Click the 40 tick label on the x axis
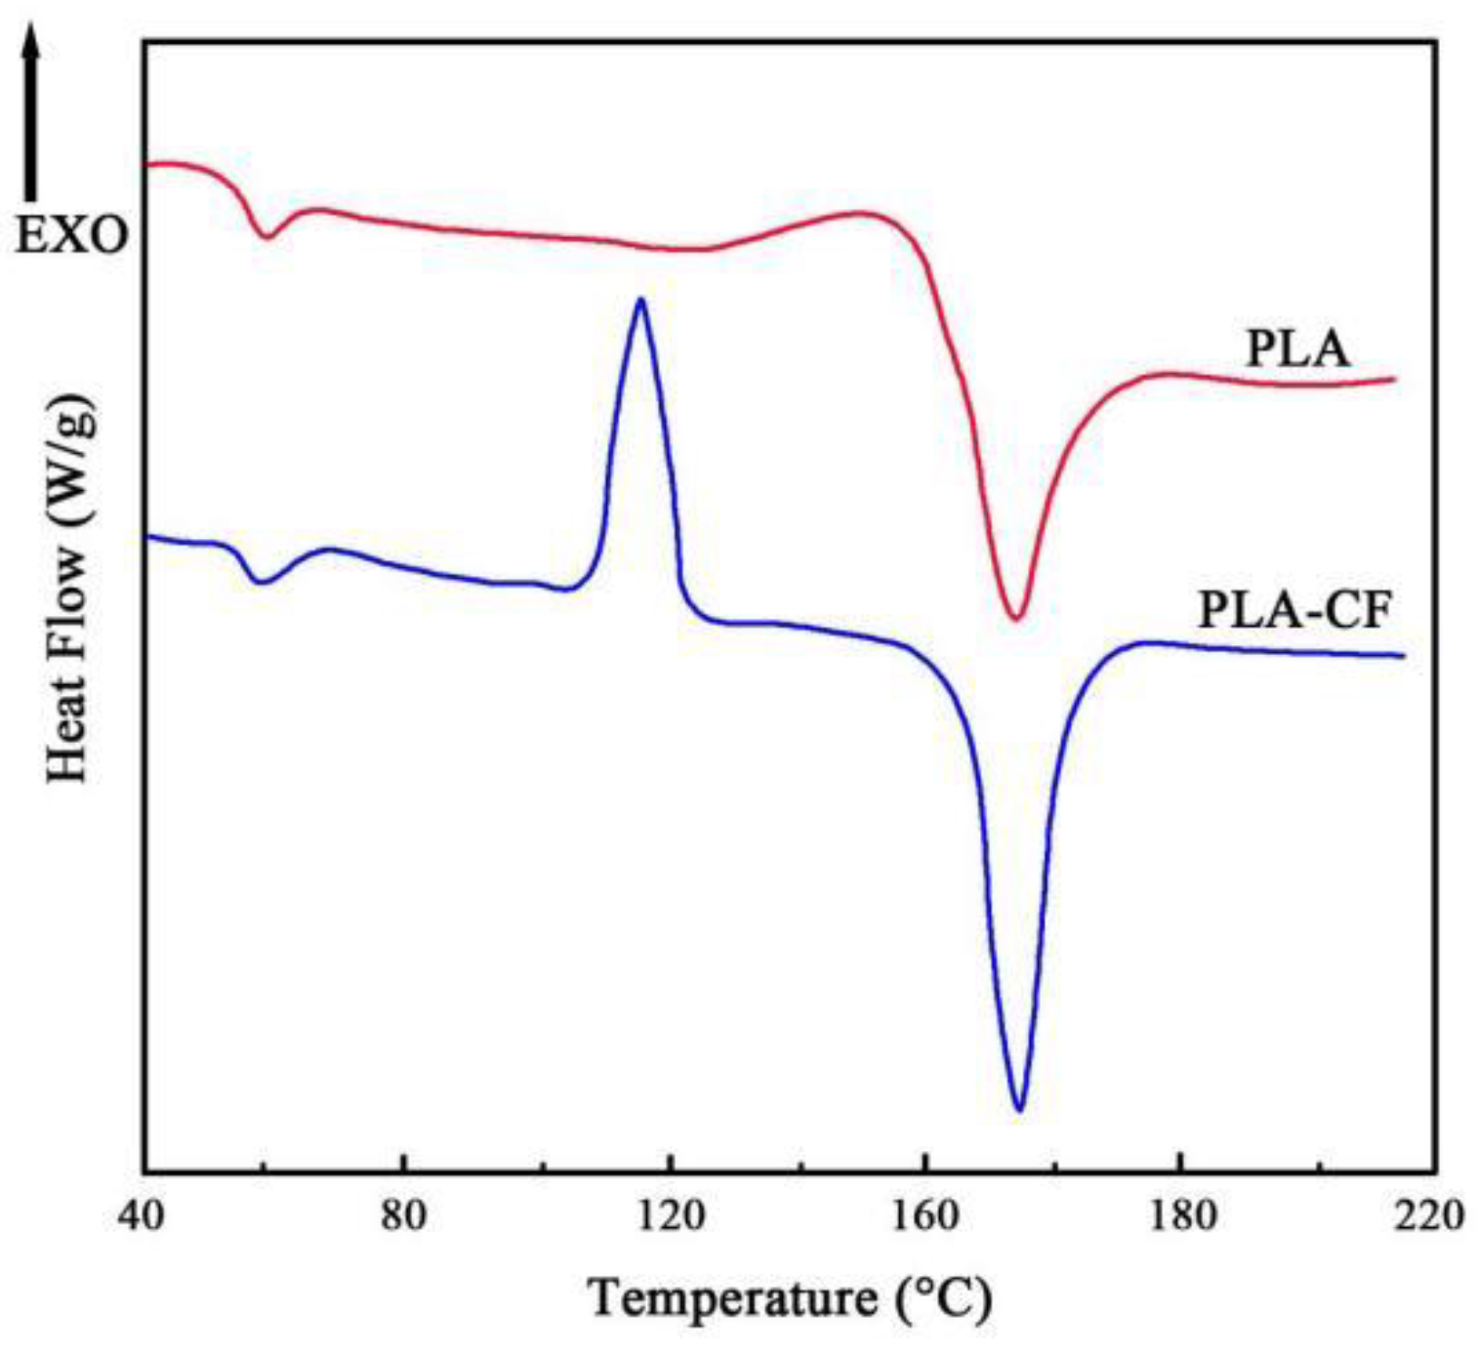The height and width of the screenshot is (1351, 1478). click(145, 1216)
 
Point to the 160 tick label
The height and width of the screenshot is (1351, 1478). click(924, 1216)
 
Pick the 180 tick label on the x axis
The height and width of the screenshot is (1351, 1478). click(1183, 1216)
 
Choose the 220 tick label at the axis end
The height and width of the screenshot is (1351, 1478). click(1431, 1216)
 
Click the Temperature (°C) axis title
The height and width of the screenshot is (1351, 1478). click(790, 1299)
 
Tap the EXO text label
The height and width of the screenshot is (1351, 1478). click(71, 236)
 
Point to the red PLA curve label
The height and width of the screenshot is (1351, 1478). click(1297, 348)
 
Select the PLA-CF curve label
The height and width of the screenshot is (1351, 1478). click(1294, 612)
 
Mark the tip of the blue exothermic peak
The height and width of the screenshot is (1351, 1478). click(640, 299)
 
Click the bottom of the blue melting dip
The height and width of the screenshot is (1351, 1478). click(1019, 1109)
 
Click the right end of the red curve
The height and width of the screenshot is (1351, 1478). click(1395, 379)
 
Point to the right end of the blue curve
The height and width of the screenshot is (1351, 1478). click(1403, 656)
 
